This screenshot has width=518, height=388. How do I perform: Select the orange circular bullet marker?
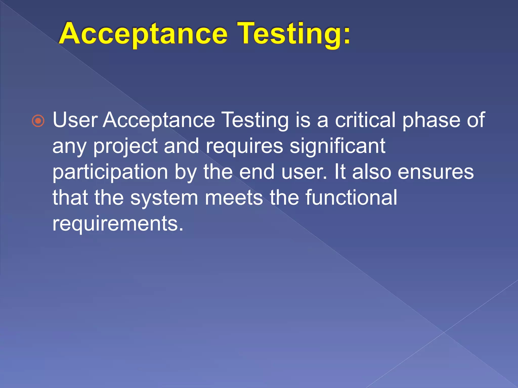(x=38, y=121)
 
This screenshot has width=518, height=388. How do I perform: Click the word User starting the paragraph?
(x=75, y=120)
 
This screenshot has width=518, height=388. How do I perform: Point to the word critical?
(x=365, y=120)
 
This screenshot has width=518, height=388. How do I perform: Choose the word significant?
(x=337, y=147)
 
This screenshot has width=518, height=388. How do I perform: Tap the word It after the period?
(x=340, y=172)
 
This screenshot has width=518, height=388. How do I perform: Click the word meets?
(x=234, y=198)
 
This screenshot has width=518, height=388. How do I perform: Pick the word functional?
(x=351, y=198)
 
